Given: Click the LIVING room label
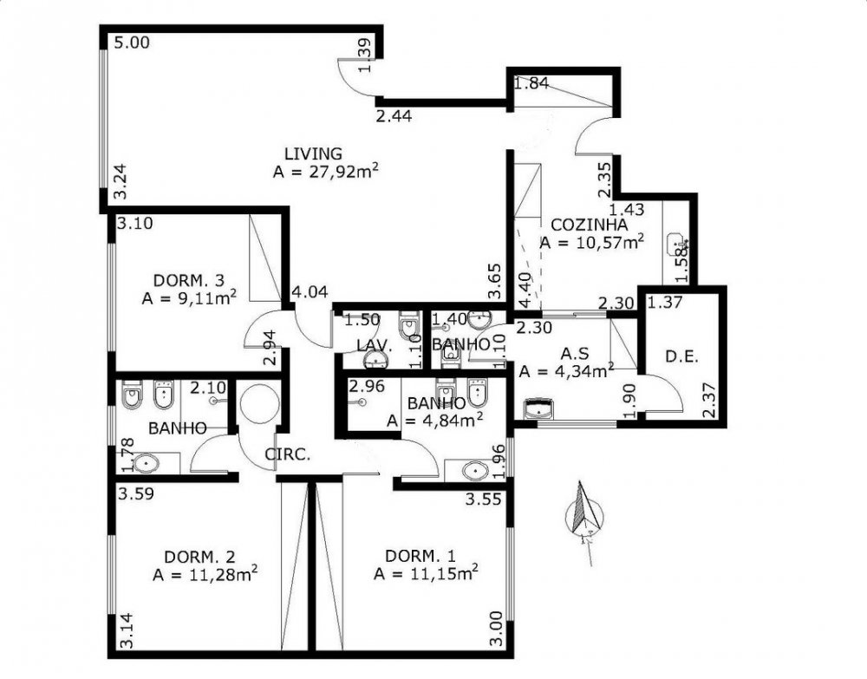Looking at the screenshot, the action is [313, 153].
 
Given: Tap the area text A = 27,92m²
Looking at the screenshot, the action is [326, 171].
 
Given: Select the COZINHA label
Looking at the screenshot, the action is [590, 225].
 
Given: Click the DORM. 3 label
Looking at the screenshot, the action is [188, 280].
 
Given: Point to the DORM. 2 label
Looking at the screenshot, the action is [200, 556].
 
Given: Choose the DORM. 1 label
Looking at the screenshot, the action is [420, 556].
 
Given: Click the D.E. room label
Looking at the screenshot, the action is [681, 356].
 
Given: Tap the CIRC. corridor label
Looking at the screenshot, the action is [288, 454].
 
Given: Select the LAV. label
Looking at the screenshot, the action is [375, 346].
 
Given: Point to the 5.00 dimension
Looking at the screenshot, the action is [132, 42].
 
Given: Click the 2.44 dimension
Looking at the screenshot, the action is [394, 116].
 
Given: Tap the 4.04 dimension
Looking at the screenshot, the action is [310, 292].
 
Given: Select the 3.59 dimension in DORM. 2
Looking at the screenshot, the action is [136, 493].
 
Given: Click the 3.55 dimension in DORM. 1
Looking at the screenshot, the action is [483, 499].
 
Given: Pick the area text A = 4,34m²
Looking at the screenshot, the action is [566, 370].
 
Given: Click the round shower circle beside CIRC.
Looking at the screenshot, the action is [259, 404].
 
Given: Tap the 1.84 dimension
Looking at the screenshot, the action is [531, 83].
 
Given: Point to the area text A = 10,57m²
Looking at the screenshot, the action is [591, 242].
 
